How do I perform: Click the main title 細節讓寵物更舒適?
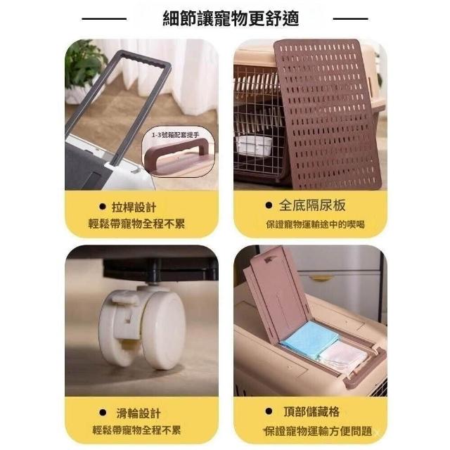pos(231,19)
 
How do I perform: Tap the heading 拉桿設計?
pos(134,207)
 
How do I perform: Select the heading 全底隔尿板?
pos(312,205)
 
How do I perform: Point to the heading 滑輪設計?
pos(139,413)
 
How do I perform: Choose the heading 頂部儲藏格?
pos(311,411)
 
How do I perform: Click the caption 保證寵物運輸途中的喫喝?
pos(316,224)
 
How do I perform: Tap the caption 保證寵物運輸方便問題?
pos(318,431)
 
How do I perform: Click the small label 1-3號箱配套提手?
pos(175,134)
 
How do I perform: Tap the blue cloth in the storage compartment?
pos(307,340)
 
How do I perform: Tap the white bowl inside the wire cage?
pos(255,146)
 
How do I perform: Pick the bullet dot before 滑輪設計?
pos(103,413)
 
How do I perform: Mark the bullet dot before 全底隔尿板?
pos(269,205)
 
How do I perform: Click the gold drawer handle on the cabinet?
pos(321,278)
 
